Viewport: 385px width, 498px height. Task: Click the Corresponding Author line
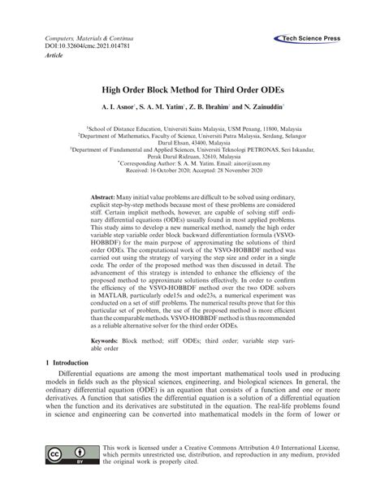click(192, 162)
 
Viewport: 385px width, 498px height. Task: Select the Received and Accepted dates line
click(192, 170)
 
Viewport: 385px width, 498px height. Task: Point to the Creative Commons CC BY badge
click(69, 475)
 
